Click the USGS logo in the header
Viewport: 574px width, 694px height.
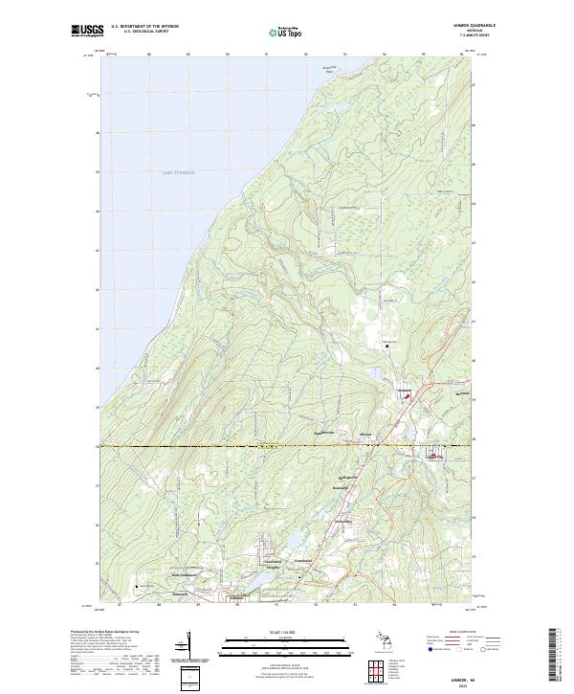click(88, 31)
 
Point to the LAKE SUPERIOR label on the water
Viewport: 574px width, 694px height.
click(177, 173)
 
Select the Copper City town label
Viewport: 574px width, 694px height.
click(435, 457)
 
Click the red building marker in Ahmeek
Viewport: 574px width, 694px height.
click(406, 393)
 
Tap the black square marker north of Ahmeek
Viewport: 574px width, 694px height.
click(387, 347)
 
